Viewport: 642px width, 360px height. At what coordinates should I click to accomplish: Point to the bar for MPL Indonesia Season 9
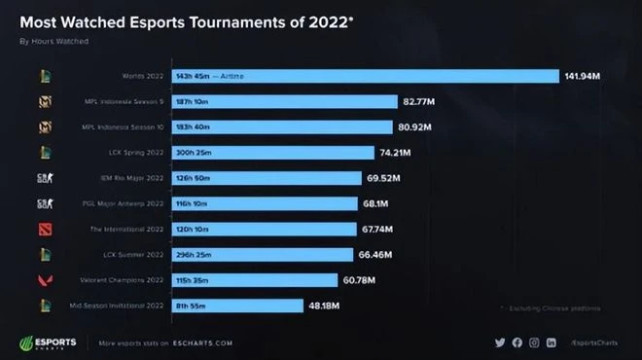(283, 101)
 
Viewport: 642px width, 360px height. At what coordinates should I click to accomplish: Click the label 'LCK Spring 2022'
(137, 153)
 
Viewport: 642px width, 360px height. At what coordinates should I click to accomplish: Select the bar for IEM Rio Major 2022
(268, 178)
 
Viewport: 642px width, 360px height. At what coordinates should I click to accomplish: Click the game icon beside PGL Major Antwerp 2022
(44, 203)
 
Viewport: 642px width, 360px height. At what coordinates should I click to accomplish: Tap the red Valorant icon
(44, 280)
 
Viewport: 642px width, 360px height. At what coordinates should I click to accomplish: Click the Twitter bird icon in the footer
(500, 342)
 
